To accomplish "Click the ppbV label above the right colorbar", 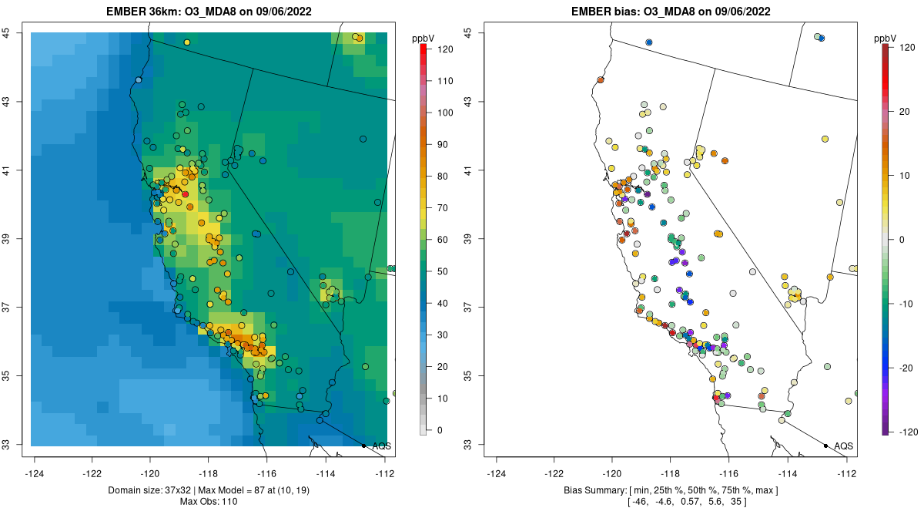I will (x=885, y=38).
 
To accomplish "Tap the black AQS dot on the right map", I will (x=825, y=446).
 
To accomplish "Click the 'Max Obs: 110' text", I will (x=209, y=502).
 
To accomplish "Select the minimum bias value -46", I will (x=638, y=502).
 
